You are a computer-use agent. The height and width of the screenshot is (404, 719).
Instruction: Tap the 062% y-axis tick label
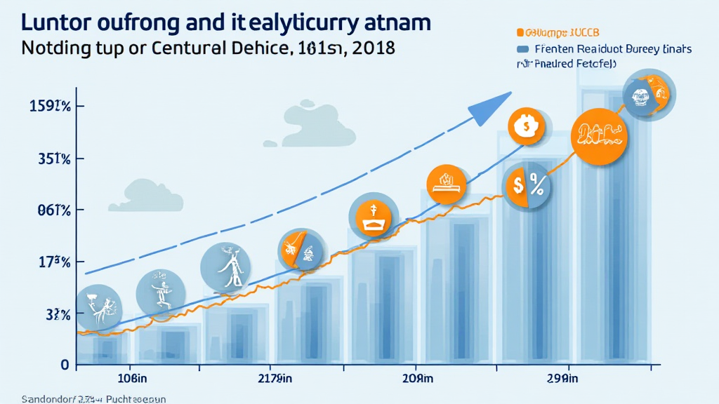pos(47,210)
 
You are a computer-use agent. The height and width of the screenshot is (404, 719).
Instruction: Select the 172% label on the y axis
pos(48,262)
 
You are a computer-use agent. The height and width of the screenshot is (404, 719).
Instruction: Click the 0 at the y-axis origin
pos(64,365)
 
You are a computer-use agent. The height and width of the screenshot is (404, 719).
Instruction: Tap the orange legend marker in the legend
pos(520,32)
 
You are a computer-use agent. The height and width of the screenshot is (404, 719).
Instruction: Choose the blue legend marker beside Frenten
pos(522,49)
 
